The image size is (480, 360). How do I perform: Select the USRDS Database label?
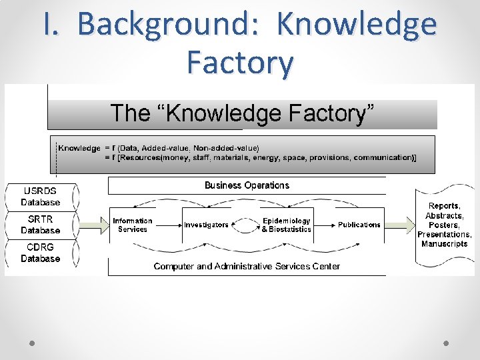(x=41, y=197)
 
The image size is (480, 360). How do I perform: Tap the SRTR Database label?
(x=41, y=225)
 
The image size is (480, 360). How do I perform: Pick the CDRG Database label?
(x=41, y=253)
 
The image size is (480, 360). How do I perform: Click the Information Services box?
(x=133, y=225)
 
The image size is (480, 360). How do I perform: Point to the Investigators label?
(x=206, y=225)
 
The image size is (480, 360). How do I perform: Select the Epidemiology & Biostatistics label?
(x=286, y=225)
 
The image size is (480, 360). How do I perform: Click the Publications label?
(x=359, y=225)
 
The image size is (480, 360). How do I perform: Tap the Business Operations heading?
(x=247, y=185)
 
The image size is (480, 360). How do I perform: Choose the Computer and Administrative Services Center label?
(x=247, y=266)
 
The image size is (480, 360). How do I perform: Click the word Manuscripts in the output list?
(x=445, y=244)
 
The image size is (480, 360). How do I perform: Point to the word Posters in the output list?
(x=445, y=225)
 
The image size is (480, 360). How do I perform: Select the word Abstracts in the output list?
(x=444, y=216)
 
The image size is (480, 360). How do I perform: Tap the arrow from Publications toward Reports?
(x=401, y=225)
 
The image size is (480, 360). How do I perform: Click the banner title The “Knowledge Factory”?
(x=242, y=113)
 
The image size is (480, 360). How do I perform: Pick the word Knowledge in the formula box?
(x=79, y=148)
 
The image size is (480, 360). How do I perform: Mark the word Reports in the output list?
(x=444, y=207)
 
